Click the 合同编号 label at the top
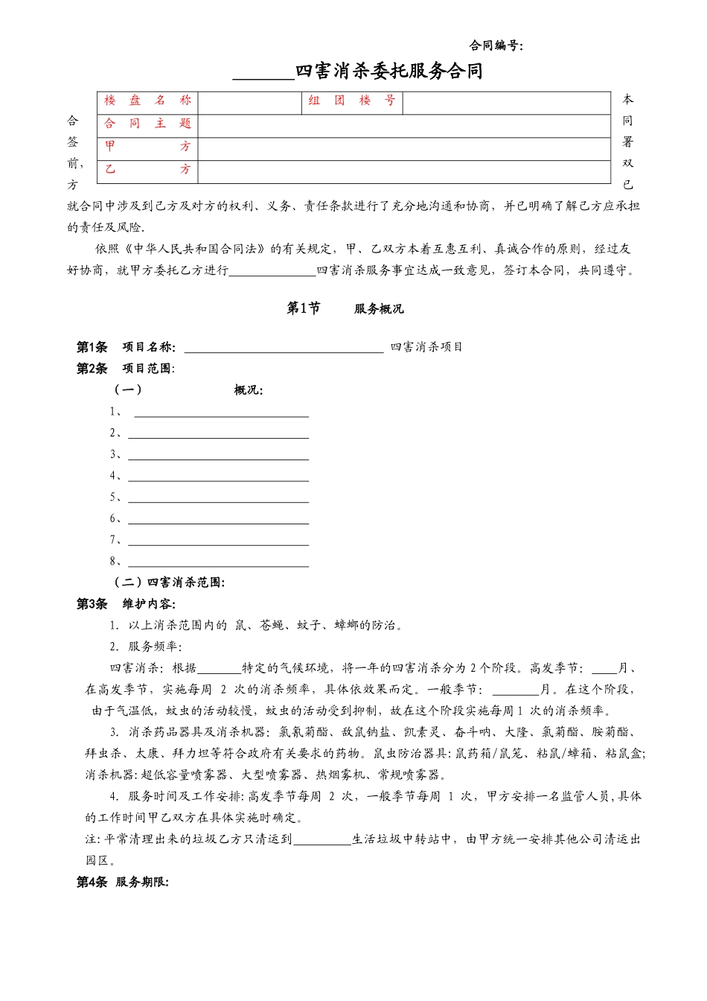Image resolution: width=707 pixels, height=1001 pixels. pyautogui.click(x=496, y=45)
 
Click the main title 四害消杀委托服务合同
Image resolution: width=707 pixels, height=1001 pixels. pyautogui.click(x=388, y=71)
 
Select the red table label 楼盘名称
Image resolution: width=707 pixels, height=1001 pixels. pyautogui.click(x=147, y=101)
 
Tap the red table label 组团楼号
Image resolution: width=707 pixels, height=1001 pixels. pyautogui.click(x=351, y=101)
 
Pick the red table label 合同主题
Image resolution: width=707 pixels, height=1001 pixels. pyautogui.click(x=147, y=124)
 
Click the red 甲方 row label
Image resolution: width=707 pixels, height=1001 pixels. pyautogui.click(x=147, y=147)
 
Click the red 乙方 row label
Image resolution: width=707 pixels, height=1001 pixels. pyautogui.click(x=147, y=170)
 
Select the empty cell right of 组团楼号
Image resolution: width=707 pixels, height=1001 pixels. pyautogui.click(x=506, y=102)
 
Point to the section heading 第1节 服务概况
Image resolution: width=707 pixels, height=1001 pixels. pyautogui.click(x=345, y=308)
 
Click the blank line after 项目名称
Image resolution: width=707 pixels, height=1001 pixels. pyautogui.click(x=284, y=347)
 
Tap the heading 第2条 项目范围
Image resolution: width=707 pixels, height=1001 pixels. pyautogui.click(x=126, y=368)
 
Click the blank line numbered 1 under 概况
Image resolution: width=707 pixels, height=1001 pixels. pyautogui.click(x=221, y=412)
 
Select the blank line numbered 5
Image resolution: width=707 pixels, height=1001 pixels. pyautogui.click(x=218, y=498)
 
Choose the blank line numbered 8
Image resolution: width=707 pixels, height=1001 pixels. pyautogui.click(x=218, y=562)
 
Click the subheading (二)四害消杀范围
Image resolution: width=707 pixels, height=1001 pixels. pyautogui.click(x=168, y=582)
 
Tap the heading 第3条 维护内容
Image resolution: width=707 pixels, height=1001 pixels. pyautogui.click(x=126, y=604)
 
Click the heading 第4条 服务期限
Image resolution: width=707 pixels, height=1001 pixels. pyautogui.click(x=123, y=883)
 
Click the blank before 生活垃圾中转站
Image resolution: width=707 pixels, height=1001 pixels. pyautogui.click(x=322, y=840)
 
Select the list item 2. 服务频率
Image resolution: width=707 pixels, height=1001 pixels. pyautogui.click(x=146, y=646)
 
